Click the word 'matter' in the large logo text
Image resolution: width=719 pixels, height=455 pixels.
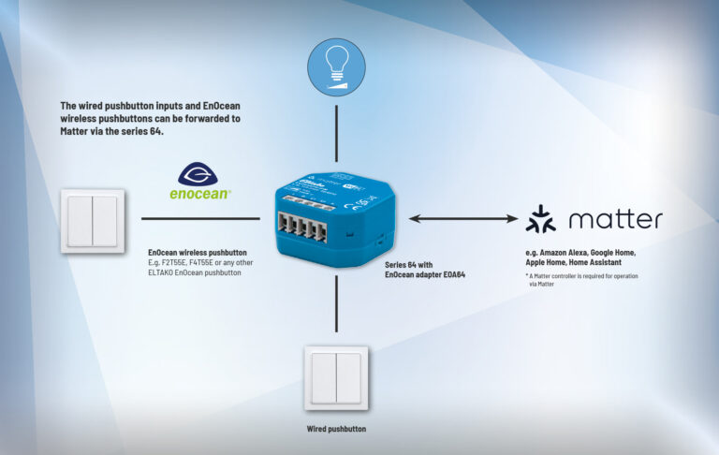tap(615, 220)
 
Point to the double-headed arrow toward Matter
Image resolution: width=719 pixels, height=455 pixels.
tap(462, 219)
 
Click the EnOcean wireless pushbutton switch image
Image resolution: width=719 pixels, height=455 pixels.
tap(93, 220)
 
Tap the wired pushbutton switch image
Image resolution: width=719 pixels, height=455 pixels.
tap(336, 377)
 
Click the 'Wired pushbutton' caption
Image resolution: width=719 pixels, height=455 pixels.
tap(336, 429)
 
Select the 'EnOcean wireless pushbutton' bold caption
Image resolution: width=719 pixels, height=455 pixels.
tap(198, 253)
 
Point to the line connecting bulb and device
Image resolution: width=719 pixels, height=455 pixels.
tap(336, 135)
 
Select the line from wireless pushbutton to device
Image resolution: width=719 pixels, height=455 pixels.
tap(200, 219)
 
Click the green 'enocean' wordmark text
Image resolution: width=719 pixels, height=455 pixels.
tap(200, 195)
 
